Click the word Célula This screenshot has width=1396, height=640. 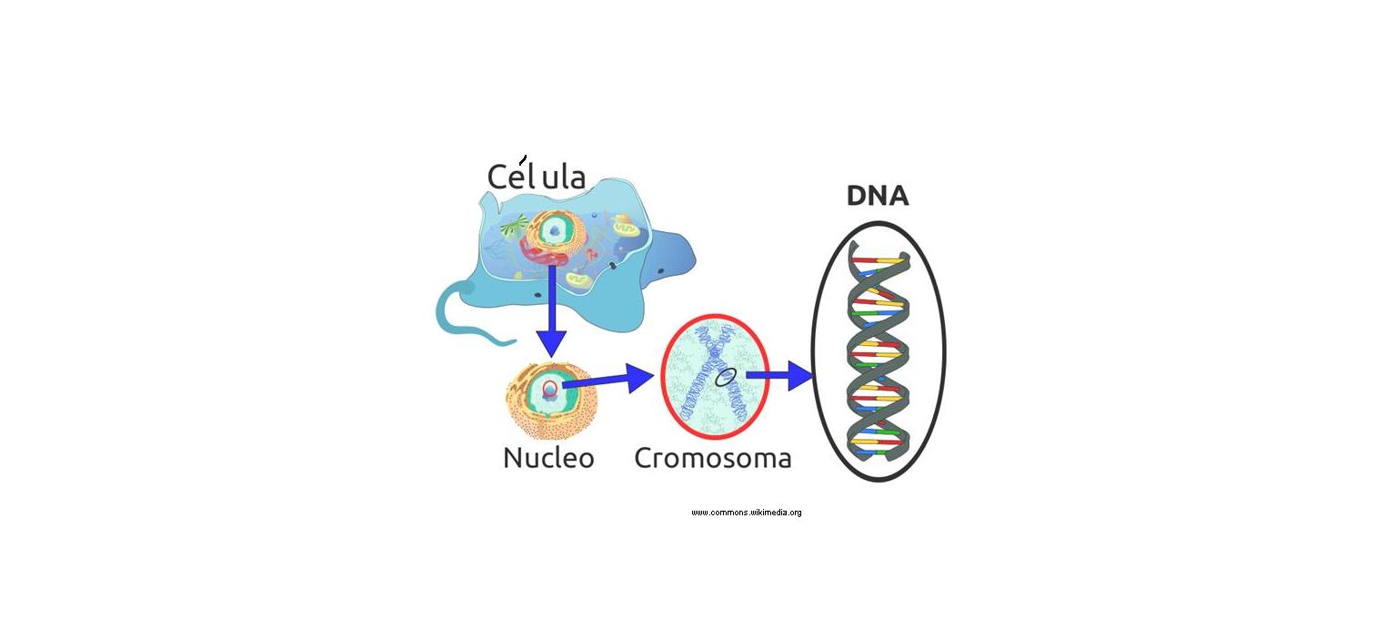click(536, 177)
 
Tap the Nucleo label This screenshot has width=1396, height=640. click(548, 457)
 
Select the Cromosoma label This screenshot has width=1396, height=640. click(712, 457)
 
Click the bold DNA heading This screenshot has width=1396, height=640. click(877, 197)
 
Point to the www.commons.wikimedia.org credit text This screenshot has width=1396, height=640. click(746, 513)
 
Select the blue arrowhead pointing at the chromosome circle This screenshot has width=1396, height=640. click(638, 376)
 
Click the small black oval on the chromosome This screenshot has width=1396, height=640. click(725, 376)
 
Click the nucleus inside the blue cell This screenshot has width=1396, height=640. click(553, 231)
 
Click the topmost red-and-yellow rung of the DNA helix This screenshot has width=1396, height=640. click(880, 262)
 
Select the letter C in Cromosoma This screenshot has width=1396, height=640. click(644, 457)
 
